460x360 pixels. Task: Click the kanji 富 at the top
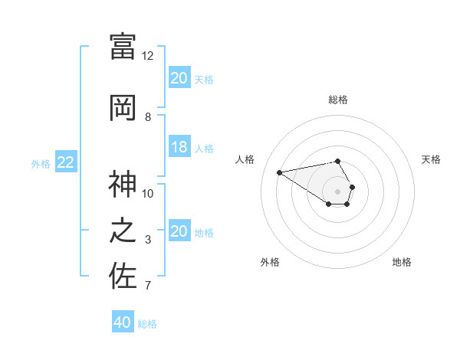pos(123,46)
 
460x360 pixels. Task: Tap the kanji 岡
pos(123,107)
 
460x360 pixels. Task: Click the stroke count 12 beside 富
pos(148,56)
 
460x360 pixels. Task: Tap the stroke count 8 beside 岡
pos(148,117)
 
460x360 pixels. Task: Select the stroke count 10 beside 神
pos(148,194)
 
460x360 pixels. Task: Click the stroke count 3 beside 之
pos(148,241)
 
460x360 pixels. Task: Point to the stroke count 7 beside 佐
pos(148,286)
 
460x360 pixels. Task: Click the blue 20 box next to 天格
pos(179,78)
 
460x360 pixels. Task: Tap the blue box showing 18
pos(179,147)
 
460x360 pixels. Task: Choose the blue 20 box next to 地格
pos(179,232)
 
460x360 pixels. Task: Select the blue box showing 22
pos(66,162)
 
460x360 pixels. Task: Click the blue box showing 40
pos(123,322)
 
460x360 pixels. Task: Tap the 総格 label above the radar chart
pos(338,100)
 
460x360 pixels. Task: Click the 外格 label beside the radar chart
pos(270,262)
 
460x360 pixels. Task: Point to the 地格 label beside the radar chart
pos(402,262)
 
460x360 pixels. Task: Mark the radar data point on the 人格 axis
pos(280,172)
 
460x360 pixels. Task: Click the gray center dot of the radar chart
pos(337,191)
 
